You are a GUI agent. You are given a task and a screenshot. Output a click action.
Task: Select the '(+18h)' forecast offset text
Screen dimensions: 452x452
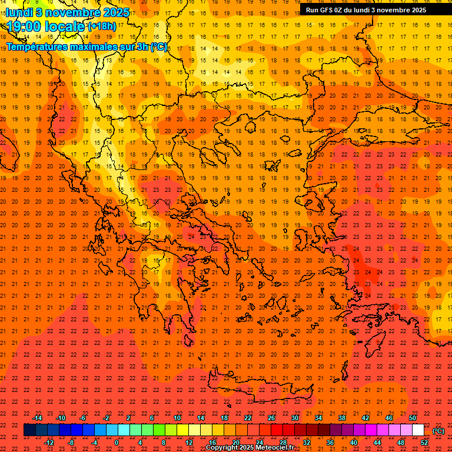pos(102,26)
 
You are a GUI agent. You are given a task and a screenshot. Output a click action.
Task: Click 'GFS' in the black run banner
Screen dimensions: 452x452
pos(326,10)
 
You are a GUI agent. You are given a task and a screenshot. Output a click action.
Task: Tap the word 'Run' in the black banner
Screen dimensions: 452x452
pos(312,10)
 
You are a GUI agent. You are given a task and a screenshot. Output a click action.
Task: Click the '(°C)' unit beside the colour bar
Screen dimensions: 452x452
pos(438,431)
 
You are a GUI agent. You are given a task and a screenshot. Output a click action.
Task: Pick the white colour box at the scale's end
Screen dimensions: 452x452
pos(418,430)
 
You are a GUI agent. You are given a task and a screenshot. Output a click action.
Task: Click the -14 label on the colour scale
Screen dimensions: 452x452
pos(37,418)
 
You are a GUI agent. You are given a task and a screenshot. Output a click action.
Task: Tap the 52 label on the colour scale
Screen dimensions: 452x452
pos(424,442)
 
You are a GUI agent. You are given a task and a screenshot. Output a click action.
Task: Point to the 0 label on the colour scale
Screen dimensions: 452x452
pos(117,442)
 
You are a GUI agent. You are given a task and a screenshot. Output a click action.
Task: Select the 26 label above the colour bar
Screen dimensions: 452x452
pos(271,418)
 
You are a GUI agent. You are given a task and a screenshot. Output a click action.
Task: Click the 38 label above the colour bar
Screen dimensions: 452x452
pos(342,418)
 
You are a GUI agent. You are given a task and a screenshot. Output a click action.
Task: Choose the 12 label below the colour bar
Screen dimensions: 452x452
pos(189,442)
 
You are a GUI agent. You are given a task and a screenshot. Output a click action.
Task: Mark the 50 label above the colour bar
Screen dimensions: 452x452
pos(413,418)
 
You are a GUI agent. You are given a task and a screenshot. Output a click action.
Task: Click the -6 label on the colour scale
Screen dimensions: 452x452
pos(83,418)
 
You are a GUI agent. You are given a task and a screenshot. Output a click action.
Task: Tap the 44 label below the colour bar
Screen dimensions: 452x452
pos(377,442)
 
